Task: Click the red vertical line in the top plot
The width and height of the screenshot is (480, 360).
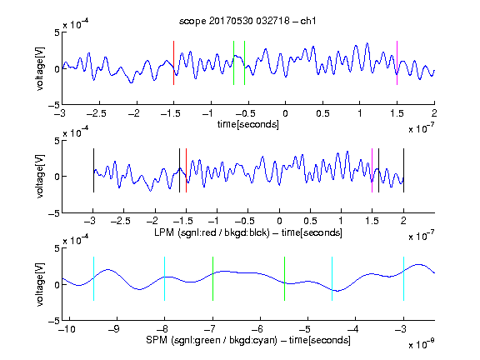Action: click(x=173, y=62)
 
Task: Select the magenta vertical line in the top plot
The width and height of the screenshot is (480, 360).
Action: click(x=397, y=62)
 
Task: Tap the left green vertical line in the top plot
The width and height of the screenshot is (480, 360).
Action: click(x=233, y=62)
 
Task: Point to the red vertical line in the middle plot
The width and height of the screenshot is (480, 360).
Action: click(x=186, y=171)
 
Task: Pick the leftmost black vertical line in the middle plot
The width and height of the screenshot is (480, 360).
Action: click(x=93, y=171)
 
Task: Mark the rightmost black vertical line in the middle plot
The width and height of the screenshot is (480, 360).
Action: click(x=403, y=171)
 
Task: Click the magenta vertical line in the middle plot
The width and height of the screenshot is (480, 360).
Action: click(x=372, y=171)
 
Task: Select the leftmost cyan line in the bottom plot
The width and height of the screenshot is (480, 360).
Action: click(x=93, y=278)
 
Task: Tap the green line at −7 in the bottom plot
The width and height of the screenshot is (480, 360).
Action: click(x=212, y=278)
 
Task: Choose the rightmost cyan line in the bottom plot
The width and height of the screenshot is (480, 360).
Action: click(x=403, y=278)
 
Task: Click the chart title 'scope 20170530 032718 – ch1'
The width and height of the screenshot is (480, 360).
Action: click(x=247, y=21)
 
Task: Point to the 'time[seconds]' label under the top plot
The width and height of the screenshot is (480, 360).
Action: click(x=248, y=124)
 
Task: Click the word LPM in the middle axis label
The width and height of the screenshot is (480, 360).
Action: click(x=164, y=232)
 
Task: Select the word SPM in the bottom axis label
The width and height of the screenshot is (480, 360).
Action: click(x=157, y=340)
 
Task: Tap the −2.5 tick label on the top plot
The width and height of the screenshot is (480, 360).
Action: click(x=96, y=113)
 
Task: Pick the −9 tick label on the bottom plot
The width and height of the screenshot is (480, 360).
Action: click(x=114, y=329)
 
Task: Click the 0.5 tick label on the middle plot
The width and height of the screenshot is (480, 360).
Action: click(x=310, y=221)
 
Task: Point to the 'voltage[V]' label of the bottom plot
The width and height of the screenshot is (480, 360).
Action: click(x=40, y=284)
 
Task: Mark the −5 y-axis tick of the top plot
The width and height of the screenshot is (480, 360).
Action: click(x=54, y=105)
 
